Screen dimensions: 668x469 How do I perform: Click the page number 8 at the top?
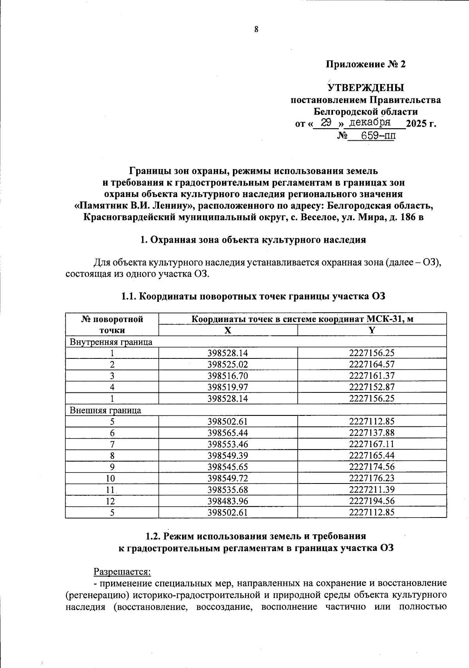[x=256, y=29]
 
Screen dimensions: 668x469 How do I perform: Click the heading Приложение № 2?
[x=366, y=64]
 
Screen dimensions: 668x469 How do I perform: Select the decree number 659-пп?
[x=378, y=136]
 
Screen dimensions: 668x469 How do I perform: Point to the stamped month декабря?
[x=369, y=122]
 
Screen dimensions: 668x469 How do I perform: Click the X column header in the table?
[x=228, y=330]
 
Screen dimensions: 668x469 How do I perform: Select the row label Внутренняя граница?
[x=111, y=342]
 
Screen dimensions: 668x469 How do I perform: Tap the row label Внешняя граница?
[x=105, y=410]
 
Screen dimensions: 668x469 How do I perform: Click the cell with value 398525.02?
[x=228, y=365]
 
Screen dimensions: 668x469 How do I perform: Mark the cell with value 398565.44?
[x=228, y=433]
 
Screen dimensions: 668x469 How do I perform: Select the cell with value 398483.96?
[x=228, y=501]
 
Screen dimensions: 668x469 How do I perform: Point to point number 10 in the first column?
[x=112, y=478]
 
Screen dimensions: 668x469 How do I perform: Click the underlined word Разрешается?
[x=122, y=571]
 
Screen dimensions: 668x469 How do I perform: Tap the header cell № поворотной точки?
[x=112, y=324]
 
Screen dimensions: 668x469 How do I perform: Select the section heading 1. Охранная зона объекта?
[x=253, y=240]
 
